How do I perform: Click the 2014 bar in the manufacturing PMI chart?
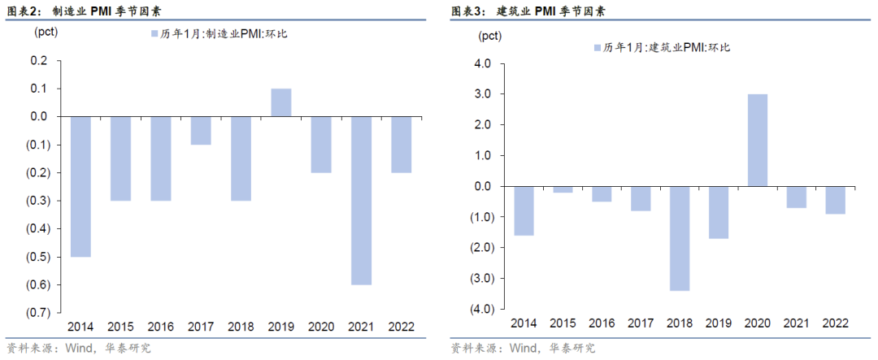point(80,186)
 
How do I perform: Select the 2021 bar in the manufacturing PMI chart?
point(361,200)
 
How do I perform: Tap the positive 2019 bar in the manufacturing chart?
point(281,102)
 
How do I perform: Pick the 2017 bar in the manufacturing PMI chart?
point(201,130)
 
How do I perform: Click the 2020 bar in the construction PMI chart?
point(758,140)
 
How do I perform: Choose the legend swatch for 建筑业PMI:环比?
point(598,48)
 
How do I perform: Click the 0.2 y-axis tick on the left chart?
point(39,60)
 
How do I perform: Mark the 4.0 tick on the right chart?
point(483,63)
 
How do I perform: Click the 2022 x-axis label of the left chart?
point(401,327)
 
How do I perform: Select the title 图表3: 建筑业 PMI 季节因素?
point(528,11)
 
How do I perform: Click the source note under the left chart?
point(78,349)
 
